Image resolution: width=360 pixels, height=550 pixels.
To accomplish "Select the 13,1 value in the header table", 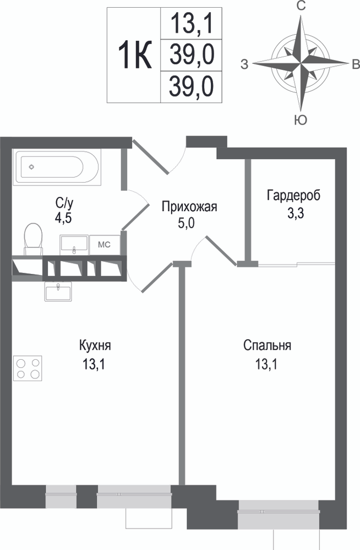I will (190, 24).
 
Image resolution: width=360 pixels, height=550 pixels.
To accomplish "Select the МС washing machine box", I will (104, 244).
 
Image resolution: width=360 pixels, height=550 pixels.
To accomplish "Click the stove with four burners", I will (28, 368).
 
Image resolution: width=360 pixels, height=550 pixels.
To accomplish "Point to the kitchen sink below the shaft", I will (58, 290).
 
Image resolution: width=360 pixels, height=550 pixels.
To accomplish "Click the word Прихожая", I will (189, 207).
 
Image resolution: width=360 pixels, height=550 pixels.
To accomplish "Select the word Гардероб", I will (293, 195).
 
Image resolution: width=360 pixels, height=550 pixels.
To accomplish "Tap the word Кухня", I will (95, 346).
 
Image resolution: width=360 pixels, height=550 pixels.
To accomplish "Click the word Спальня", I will (267, 346).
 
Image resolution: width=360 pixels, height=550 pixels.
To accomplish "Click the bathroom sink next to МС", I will (74, 244).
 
